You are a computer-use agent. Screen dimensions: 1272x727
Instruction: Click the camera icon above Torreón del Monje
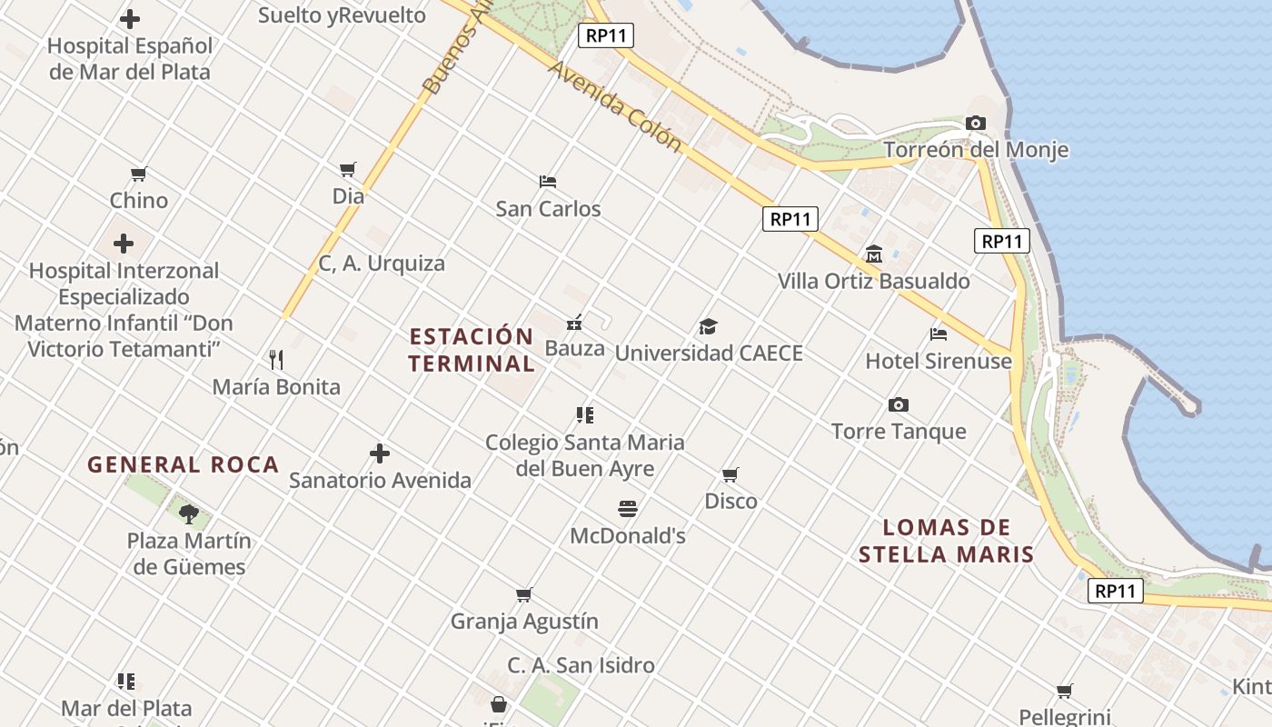[976, 123]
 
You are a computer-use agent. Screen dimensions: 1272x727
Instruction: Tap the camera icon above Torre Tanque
[899, 404]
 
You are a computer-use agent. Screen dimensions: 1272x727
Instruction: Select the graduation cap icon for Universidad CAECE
[708, 326]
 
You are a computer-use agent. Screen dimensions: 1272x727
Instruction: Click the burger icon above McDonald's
[628, 508]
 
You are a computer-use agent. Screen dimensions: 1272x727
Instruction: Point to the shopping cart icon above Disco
[730, 474]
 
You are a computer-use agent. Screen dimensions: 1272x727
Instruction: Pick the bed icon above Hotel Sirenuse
[939, 334]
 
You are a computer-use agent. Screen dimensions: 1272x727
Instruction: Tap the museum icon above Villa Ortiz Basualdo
[874, 254]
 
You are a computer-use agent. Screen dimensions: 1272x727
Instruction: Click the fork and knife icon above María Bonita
[276, 360]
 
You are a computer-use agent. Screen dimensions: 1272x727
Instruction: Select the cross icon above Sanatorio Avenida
[380, 453]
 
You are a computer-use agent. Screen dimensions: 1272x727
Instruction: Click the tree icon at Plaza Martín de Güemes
[189, 514]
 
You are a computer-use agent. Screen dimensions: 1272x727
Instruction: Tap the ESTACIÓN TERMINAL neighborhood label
[472, 350]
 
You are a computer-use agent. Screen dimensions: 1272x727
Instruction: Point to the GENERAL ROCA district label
[183, 464]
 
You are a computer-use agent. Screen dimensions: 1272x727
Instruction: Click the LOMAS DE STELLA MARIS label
[947, 541]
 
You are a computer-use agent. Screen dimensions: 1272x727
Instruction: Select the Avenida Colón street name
[615, 106]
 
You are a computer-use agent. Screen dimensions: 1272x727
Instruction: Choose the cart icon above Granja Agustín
[524, 595]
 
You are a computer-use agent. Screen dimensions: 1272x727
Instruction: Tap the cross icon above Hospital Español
[130, 18]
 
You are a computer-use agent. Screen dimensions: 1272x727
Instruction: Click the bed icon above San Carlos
[548, 181]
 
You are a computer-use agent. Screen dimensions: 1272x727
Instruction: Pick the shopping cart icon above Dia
[348, 169]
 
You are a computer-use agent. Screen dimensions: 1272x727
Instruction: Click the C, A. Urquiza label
[382, 264]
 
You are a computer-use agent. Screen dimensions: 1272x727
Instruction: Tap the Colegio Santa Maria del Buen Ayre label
[585, 455]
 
